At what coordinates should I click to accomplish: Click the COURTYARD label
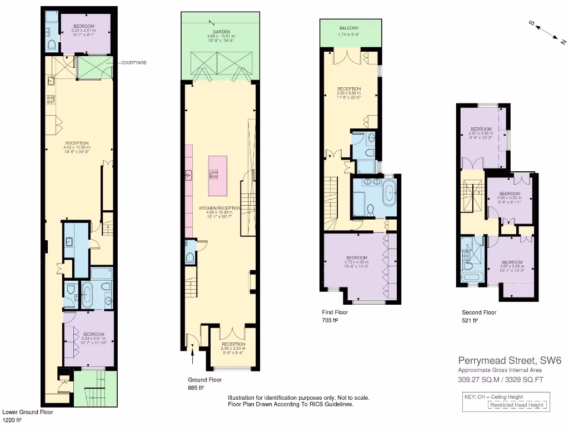point(134,63)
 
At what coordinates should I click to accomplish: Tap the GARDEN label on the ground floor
point(218,32)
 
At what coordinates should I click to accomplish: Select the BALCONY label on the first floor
point(349,28)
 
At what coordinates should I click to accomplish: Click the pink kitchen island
point(217,176)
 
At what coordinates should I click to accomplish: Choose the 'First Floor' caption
point(335,312)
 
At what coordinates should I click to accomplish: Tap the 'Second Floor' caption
point(479,312)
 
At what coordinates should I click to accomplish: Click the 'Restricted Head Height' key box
point(517,405)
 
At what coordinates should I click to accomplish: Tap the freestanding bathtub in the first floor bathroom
point(388,192)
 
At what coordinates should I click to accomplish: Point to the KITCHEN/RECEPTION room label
point(219,207)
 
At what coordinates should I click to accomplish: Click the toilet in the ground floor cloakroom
point(189,256)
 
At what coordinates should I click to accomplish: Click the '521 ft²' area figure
point(470,321)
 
